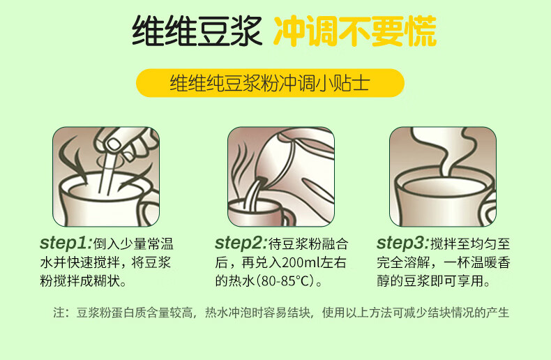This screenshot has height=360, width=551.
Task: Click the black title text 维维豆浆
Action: coord(197,31)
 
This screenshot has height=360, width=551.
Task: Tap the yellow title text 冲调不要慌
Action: coord(355,31)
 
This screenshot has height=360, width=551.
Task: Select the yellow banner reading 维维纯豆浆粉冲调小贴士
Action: coord(270,83)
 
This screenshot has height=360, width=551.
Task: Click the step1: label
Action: coord(66,243)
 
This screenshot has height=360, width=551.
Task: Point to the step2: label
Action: coord(241,243)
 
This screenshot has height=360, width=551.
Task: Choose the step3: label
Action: coord(403,243)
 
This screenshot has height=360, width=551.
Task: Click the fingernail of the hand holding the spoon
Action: coord(114,144)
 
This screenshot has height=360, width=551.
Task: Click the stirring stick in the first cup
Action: coord(107,173)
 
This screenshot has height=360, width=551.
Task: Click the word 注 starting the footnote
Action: coord(59,312)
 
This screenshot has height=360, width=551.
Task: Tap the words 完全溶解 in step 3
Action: coord(403,262)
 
